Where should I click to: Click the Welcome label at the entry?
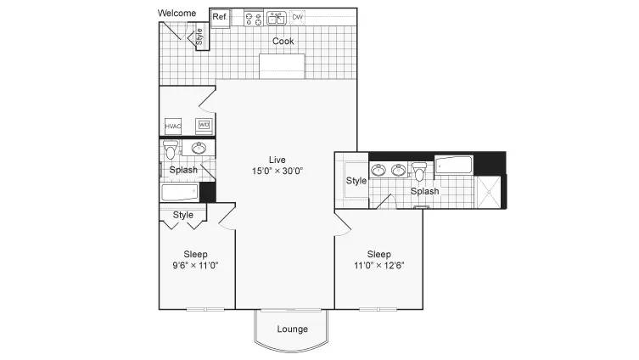(x=177, y=13)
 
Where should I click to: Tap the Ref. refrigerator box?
(x=220, y=18)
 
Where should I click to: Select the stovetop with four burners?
(x=254, y=19)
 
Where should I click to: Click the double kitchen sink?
(x=276, y=19)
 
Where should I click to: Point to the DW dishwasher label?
(x=298, y=17)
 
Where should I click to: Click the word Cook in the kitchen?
(x=283, y=41)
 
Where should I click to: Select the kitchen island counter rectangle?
(x=282, y=66)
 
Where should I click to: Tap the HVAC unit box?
(x=173, y=127)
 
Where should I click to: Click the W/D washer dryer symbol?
(x=204, y=126)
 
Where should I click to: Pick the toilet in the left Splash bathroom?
(x=171, y=149)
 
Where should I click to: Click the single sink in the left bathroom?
(x=199, y=148)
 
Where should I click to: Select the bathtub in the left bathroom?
(x=180, y=193)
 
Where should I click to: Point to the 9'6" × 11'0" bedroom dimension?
(x=196, y=266)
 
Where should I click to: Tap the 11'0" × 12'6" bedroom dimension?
(x=379, y=266)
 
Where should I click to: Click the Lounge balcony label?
(x=292, y=329)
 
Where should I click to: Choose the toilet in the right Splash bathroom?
(x=419, y=172)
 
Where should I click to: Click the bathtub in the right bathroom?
(x=454, y=165)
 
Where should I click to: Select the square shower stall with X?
(x=488, y=192)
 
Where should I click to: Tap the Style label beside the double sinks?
(x=356, y=181)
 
